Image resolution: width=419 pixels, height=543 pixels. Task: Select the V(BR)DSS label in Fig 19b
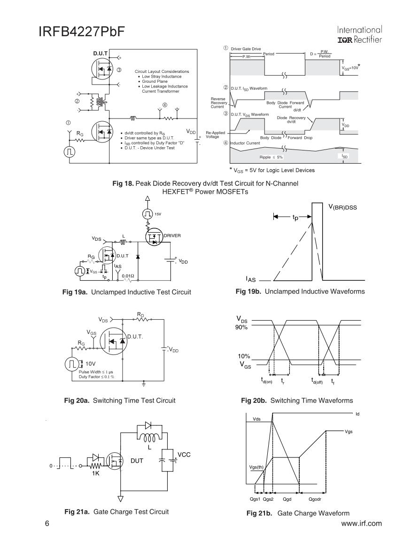coord(342,207)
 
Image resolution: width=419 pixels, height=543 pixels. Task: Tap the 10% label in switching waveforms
coord(243,357)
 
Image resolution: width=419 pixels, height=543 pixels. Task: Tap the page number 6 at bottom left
coord(47,523)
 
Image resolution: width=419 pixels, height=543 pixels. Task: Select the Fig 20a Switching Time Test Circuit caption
coord(119,401)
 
